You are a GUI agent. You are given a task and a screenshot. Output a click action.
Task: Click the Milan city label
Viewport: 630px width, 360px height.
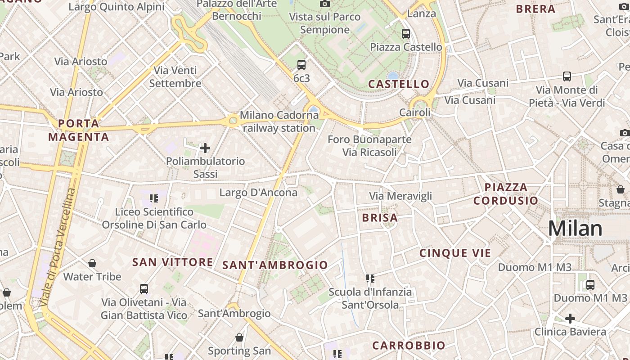point(575,229)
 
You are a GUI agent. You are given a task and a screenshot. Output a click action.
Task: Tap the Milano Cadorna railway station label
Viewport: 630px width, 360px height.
point(279,121)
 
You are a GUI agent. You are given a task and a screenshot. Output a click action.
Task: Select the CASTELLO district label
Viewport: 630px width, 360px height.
point(399,84)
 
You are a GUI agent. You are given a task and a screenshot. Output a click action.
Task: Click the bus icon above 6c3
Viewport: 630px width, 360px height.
point(301,65)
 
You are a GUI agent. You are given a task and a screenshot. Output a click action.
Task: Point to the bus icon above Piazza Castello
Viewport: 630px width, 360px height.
point(406,33)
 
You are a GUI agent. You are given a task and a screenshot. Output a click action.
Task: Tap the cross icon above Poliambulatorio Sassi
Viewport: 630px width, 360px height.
point(205,148)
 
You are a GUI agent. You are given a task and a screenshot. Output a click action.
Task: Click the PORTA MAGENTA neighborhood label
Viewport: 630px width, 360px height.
point(79,130)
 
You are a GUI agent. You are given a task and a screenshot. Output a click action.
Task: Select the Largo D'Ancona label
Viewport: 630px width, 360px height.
point(258,193)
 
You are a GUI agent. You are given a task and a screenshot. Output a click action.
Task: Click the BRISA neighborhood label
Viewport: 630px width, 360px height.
point(380,218)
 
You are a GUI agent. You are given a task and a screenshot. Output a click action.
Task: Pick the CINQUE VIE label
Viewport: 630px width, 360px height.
point(455,253)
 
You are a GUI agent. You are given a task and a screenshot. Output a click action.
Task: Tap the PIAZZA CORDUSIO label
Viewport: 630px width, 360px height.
point(506,194)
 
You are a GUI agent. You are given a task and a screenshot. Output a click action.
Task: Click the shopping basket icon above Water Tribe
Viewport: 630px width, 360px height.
point(92,263)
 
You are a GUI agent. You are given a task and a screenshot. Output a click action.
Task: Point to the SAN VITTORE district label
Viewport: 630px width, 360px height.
point(173,262)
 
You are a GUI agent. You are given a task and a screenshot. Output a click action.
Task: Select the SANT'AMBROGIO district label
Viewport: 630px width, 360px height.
point(275,265)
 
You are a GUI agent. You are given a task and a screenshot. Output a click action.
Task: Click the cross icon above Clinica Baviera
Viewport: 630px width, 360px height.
point(570,319)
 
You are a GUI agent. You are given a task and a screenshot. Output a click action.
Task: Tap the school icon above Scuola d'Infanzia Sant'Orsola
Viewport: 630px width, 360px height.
point(370,279)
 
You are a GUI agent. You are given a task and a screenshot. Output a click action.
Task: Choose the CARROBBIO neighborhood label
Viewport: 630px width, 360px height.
point(409,346)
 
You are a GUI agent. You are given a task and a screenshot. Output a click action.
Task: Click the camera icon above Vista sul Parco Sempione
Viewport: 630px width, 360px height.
point(325,4)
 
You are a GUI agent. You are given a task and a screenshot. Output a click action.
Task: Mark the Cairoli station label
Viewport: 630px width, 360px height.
point(415,112)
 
